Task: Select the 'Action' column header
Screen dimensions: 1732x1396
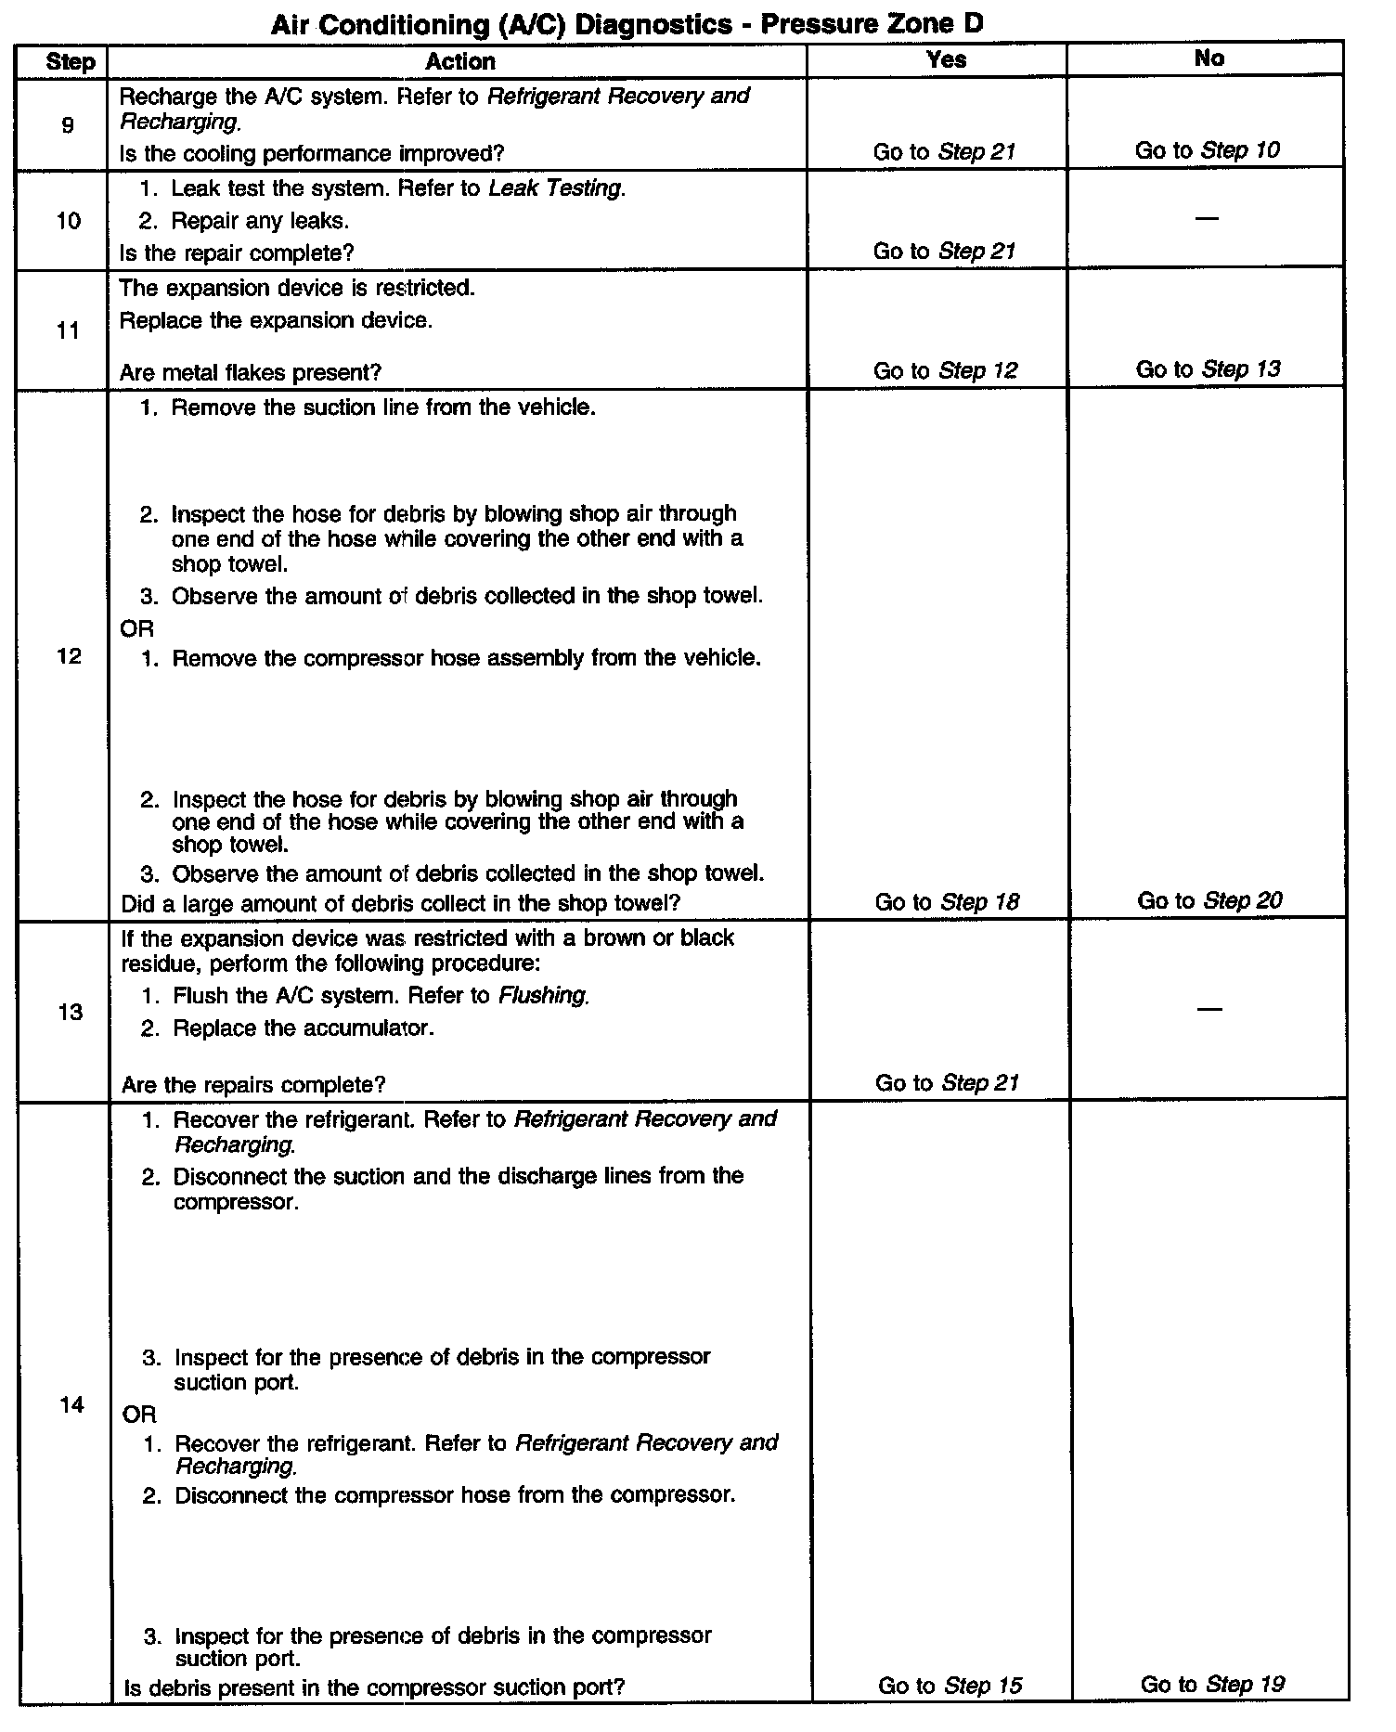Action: [x=459, y=61]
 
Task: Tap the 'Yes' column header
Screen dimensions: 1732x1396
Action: [x=946, y=59]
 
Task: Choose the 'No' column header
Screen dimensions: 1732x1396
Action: [x=1209, y=58]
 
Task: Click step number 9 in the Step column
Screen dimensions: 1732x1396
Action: [x=67, y=124]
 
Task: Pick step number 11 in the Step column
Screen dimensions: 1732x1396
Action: [x=68, y=330]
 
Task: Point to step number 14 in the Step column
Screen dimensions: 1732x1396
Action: [x=71, y=1404]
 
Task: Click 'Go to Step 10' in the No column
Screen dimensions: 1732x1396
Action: [x=1207, y=150]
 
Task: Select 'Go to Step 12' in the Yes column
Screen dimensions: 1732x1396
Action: [x=945, y=371]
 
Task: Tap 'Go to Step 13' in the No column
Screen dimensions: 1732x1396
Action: [x=1208, y=369]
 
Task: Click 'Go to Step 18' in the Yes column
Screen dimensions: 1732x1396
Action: [x=947, y=902]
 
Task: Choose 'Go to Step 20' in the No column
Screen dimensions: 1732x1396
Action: [x=1209, y=900]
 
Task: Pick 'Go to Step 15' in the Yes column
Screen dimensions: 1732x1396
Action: [x=950, y=1686]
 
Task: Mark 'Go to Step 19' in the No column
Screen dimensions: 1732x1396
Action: [x=1212, y=1684]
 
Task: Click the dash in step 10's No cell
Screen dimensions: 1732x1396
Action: [x=1207, y=218]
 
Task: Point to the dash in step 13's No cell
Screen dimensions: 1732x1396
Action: [x=1209, y=1009]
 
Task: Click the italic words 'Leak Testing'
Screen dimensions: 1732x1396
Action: [x=555, y=188]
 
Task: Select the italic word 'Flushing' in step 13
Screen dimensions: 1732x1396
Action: [x=543, y=996]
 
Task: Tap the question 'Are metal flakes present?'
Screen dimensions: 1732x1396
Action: [x=251, y=373]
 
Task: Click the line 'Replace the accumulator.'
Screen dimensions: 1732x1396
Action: [x=303, y=1028]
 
